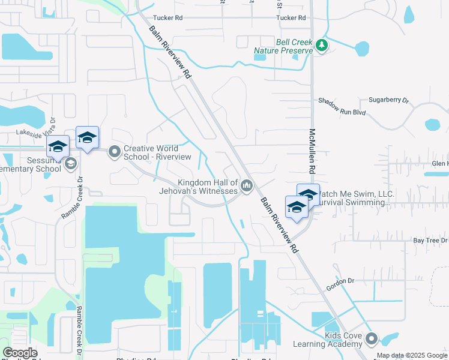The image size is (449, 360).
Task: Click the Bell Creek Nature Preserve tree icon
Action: [x=322, y=46]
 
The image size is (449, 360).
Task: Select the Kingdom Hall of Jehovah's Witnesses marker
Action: [x=246, y=187]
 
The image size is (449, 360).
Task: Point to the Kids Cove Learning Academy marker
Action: [x=372, y=339]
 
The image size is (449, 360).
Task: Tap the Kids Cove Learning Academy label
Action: [x=327, y=340]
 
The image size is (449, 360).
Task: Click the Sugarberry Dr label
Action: [x=388, y=100]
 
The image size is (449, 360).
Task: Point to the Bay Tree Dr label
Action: [x=430, y=240]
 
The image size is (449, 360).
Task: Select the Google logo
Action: [x=20, y=353]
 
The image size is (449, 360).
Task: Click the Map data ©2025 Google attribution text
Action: [x=412, y=355]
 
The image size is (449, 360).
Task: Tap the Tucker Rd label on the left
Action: [x=167, y=18]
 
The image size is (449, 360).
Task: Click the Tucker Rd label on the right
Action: [x=291, y=18]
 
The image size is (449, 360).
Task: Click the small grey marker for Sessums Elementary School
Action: [x=70, y=164]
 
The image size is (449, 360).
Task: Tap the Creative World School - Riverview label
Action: [x=157, y=152]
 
